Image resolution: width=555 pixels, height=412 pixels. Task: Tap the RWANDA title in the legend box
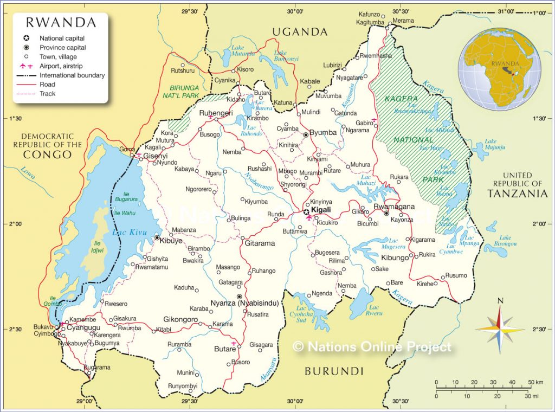click(x=61, y=23)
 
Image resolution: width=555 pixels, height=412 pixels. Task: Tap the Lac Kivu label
click(x=123, y=233)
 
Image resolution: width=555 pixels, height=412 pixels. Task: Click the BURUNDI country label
click(x=333, y=371)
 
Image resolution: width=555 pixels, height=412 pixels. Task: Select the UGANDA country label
click(x=300, y=32)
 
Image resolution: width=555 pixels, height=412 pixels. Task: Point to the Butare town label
click(x=224, y=349)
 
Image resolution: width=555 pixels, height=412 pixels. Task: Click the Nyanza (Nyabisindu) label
click(x=244, y=304)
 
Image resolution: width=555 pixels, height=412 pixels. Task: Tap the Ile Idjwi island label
click(x=98, y=247)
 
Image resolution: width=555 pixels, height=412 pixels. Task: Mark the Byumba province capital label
click(x=323, y=132)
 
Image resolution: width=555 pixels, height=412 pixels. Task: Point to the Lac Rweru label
click(x=374, y=310)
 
